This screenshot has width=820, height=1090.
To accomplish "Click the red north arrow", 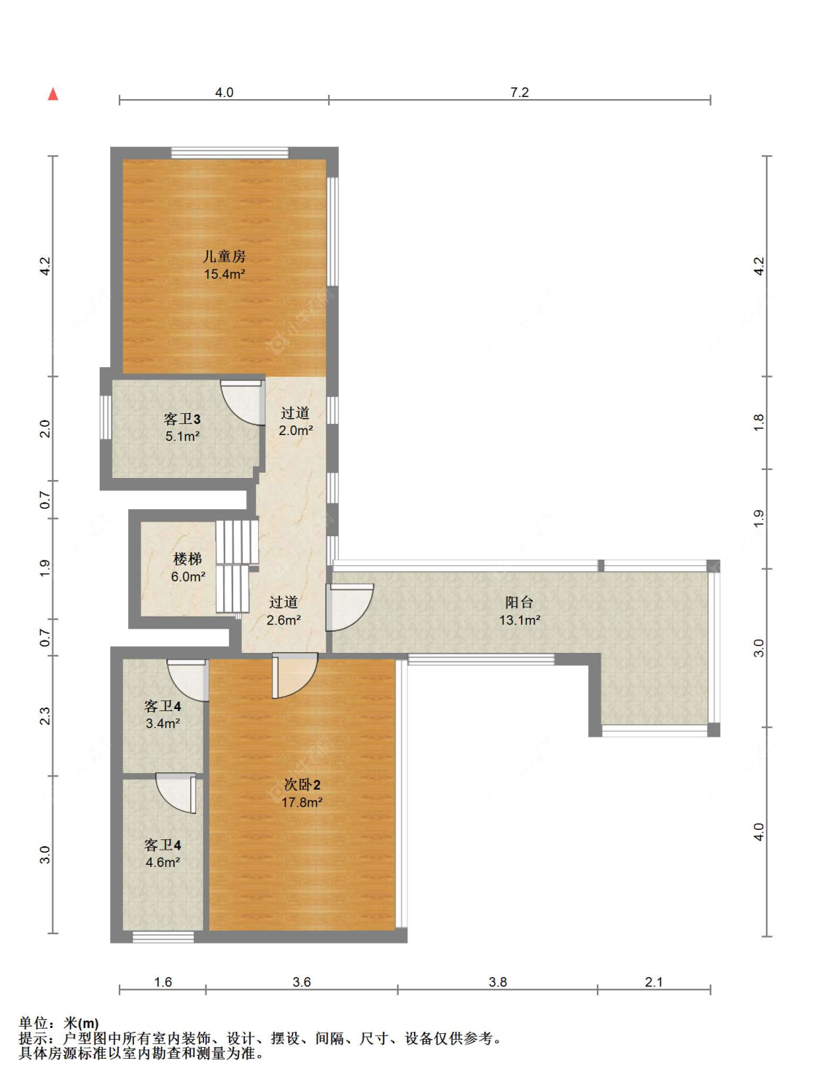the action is (x=52, y=94).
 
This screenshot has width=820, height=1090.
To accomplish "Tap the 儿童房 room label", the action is (x=224, y=256).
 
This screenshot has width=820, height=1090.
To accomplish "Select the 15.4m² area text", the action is (x=224, y=274).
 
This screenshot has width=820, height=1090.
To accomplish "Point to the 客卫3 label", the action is (x=181, y=419).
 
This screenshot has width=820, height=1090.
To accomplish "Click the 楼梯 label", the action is (x=188, y=559).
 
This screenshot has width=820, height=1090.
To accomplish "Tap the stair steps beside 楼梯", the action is (x=237, y=566).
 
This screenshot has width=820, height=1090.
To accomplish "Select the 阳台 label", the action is (x=519, y=603).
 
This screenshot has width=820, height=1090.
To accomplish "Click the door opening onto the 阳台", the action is (x=348, y=607).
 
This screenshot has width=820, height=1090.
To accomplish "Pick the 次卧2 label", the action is (x=302, y=785).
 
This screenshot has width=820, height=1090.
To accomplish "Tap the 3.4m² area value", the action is (x=163, y=724).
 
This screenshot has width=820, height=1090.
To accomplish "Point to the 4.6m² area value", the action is (x=163, y=862).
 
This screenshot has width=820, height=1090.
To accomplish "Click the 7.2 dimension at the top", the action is (x=520, y=93).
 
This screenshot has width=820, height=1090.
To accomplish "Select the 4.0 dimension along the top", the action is (x=224, y=93).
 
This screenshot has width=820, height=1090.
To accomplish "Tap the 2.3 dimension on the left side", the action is (x=45, y=715).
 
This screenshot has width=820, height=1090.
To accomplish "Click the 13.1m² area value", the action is (x=520, y=620).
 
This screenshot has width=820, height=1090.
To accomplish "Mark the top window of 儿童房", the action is (x=230, y=152).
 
